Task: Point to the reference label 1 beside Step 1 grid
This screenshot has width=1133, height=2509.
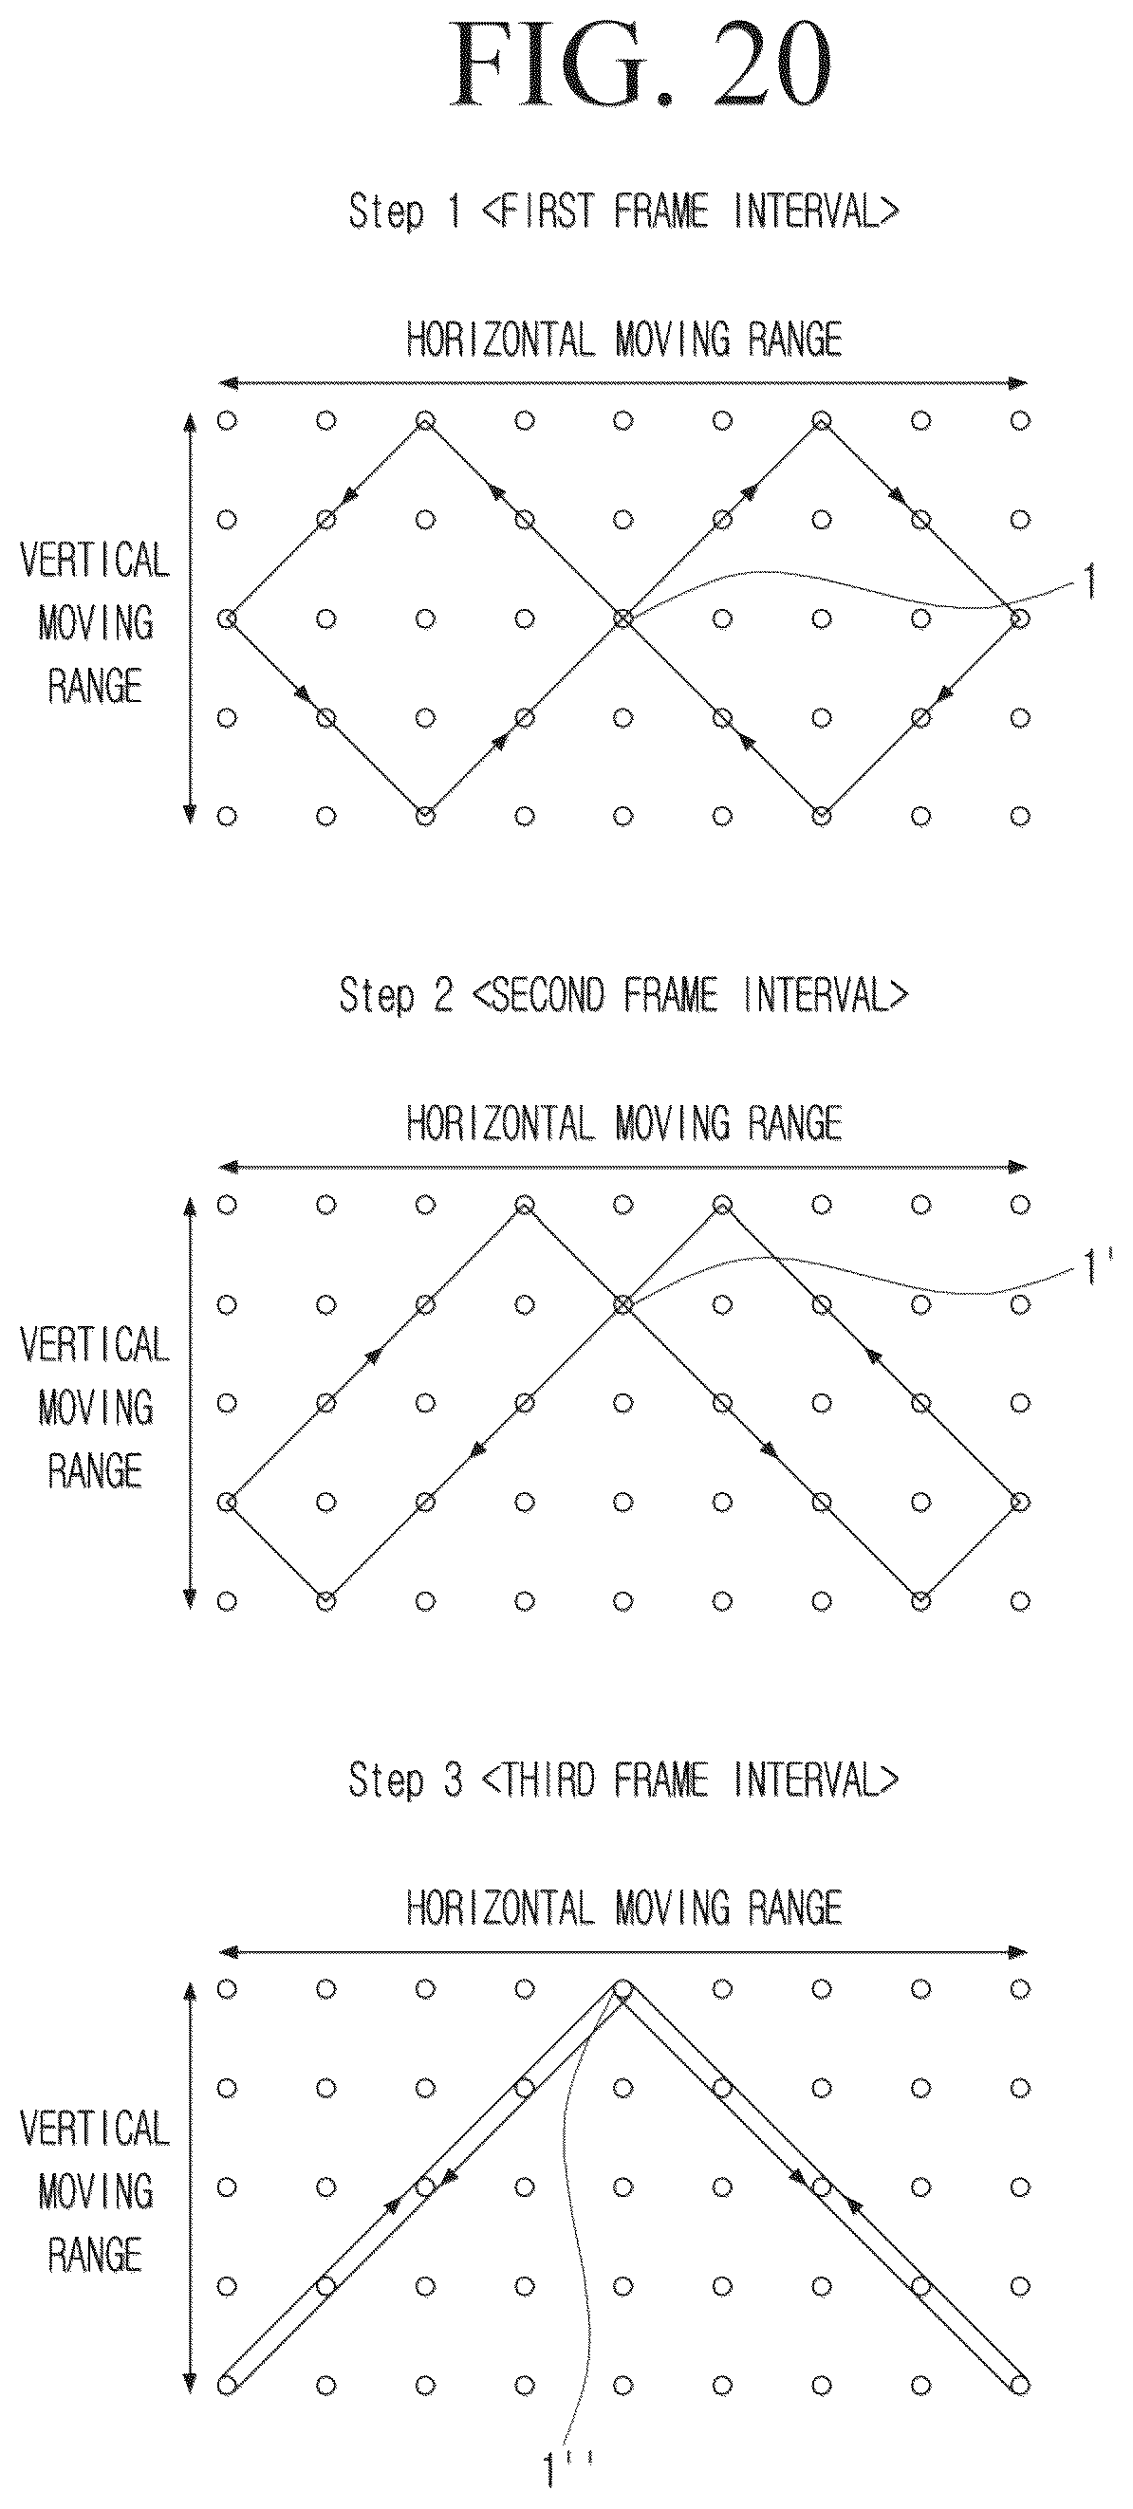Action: [x=1088, y=583]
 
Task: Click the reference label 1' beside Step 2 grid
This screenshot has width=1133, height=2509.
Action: [x=1093, y=1268]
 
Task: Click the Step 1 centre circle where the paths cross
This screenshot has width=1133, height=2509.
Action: [x=623, y=618]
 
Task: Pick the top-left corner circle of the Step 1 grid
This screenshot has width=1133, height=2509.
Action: [x=227, y=421]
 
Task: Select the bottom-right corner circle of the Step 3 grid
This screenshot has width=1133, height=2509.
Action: [x=1020, y=2385]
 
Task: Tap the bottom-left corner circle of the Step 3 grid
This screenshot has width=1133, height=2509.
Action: [x=227, y=2385]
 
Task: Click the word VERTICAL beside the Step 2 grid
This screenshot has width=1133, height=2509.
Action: [x=95, y=1345]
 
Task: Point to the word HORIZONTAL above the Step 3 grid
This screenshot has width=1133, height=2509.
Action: [x=500, y=1907]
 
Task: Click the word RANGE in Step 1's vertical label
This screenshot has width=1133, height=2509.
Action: [x=95, y=687]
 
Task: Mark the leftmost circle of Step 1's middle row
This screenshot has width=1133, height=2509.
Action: [x=227, y=618]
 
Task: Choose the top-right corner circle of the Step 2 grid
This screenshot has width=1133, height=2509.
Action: [x=1020, y=1205]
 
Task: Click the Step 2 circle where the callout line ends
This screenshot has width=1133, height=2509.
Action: [x=623, y=1303]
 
